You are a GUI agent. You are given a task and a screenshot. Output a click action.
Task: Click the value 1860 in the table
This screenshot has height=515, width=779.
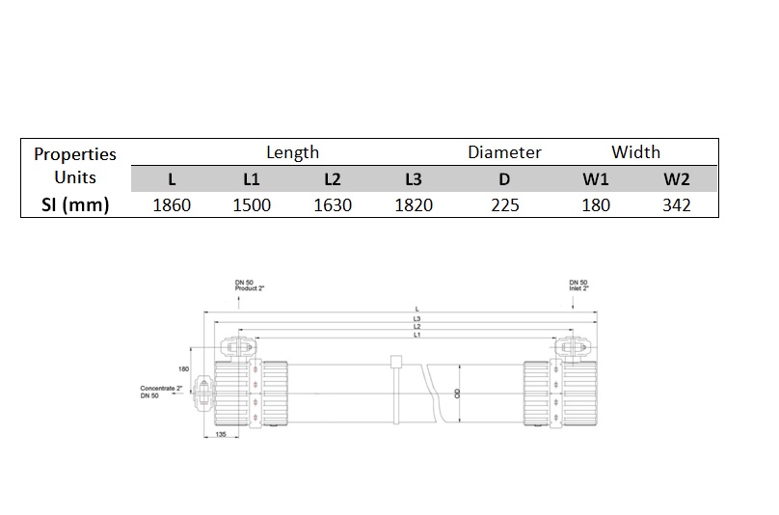172,204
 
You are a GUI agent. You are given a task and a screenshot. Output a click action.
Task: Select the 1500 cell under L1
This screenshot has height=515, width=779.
253,204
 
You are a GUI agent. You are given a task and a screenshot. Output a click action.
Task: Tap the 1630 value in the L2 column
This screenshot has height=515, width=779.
333,204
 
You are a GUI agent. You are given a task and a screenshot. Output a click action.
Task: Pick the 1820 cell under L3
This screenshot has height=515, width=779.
414,204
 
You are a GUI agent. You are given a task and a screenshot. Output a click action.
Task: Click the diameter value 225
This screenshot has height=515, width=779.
505,204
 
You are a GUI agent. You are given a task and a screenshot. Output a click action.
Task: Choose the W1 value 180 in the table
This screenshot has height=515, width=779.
596,204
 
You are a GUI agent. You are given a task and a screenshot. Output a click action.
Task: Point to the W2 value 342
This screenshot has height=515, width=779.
677,204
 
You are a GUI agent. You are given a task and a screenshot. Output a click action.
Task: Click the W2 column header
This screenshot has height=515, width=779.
677,179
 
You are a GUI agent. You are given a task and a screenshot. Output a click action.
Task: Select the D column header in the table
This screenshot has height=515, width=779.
505,179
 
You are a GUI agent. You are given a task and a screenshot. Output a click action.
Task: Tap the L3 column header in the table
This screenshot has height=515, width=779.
414,179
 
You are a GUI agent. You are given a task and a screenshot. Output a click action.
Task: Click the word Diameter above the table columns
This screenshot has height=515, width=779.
504,152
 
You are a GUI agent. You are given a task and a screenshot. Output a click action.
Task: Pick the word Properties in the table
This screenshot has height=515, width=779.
75,154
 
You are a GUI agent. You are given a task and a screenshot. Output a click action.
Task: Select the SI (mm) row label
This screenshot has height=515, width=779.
75,204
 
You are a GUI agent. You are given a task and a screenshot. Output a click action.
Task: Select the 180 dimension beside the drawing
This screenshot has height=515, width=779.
182,368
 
